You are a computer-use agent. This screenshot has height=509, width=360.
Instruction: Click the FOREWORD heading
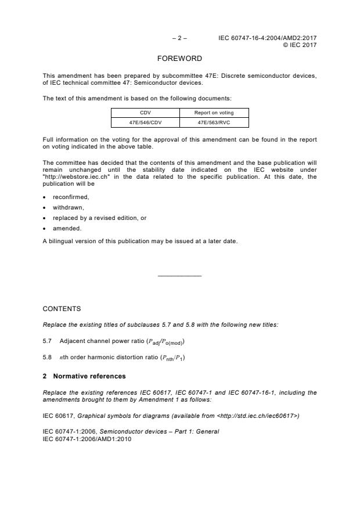(180, 59)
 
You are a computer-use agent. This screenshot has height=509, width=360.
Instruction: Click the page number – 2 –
(179, 38)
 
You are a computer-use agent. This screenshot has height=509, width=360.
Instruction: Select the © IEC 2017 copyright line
(300, 45)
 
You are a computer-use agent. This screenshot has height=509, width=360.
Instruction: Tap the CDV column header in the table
(145, 113)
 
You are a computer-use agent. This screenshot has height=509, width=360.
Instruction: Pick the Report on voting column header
(214, 113)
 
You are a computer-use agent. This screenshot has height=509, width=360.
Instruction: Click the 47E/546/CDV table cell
(145, 122)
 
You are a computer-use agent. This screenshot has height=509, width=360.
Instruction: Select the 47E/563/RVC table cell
(214, 122)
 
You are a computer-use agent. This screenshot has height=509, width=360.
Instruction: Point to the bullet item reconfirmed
(71, 197)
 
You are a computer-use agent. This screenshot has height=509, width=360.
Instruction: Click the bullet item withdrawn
(69, 207)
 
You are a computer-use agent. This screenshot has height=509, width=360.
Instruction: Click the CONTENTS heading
(62, 309)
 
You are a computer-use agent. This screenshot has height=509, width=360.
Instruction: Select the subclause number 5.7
(48, 341)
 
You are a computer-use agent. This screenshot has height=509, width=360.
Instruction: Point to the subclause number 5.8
(48, 359)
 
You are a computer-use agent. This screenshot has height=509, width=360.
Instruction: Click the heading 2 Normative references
(84, 376)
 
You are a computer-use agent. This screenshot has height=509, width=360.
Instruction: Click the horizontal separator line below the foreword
(179, 276)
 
